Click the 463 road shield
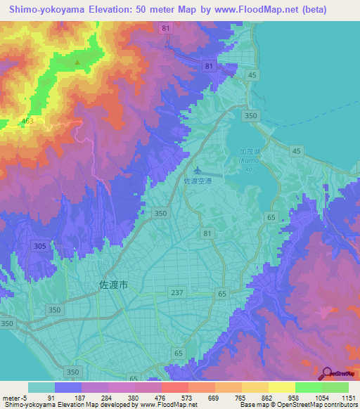[x=27, y=122]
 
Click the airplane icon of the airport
[x=198, y=169]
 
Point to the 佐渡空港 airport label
[x=198, y=181]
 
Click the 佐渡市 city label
[x=110, y=286]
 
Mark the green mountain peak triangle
[x=77, y=61]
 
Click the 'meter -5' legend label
[x=14, y=398]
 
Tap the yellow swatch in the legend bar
[x=281, y=387]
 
